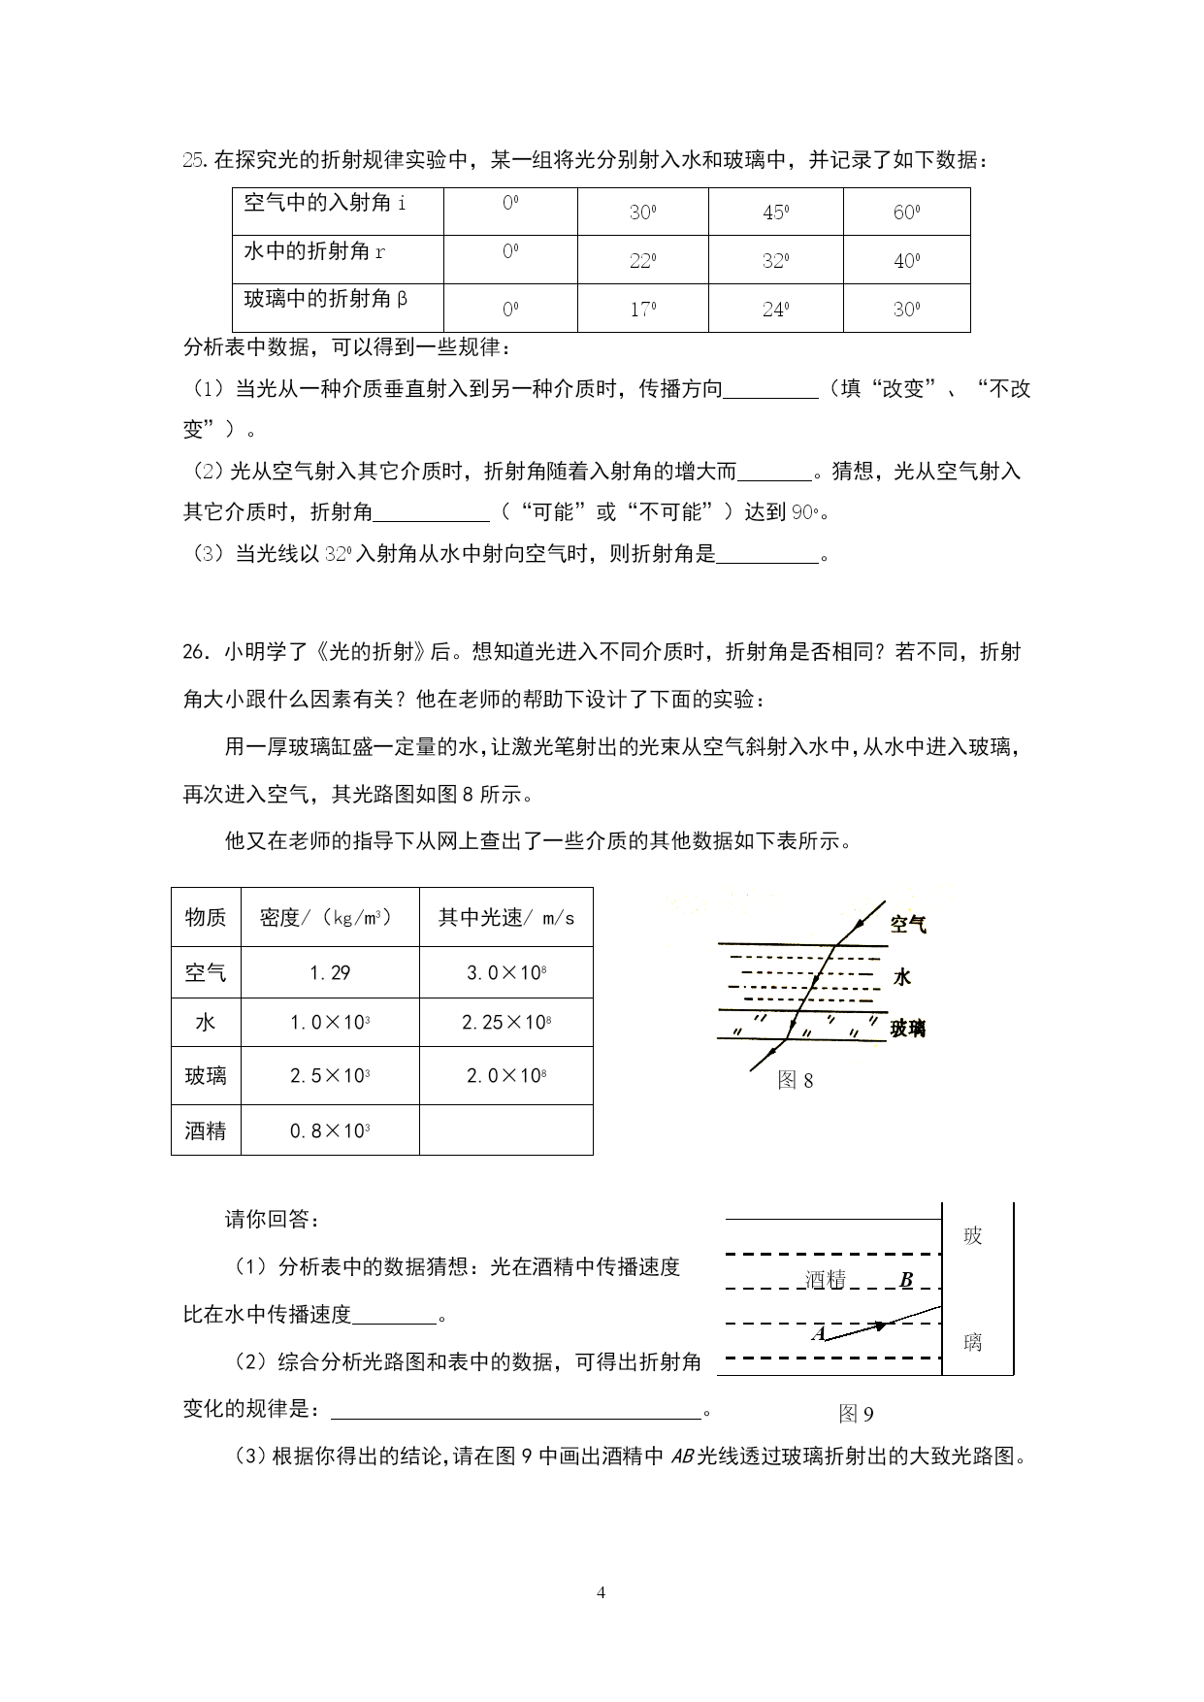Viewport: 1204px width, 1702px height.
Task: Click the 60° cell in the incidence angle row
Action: [906, 212]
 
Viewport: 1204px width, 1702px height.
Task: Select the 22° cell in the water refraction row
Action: [642, 260]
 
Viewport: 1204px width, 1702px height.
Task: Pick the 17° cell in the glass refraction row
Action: [642, 310]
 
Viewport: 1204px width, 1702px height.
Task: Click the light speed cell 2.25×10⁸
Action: [505, 1022]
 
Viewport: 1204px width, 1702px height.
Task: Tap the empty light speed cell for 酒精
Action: [505, 1130]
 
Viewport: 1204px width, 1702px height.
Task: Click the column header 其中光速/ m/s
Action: [505, 917]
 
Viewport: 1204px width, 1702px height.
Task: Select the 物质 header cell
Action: [206, 917]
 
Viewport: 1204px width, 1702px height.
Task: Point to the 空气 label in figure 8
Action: [908, 925]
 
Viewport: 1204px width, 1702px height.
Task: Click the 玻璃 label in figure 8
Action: [908, 1029]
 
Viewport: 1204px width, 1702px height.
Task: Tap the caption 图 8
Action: [796, 1080]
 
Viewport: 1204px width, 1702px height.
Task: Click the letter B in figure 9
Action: [906, 1280]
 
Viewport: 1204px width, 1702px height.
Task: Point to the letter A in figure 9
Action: [818, 1333]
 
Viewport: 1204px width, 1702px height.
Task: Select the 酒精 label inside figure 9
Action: [826, 1280]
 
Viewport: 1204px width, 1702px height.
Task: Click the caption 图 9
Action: [856, 1414]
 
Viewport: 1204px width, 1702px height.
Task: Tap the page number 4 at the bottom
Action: [601, 1592]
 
